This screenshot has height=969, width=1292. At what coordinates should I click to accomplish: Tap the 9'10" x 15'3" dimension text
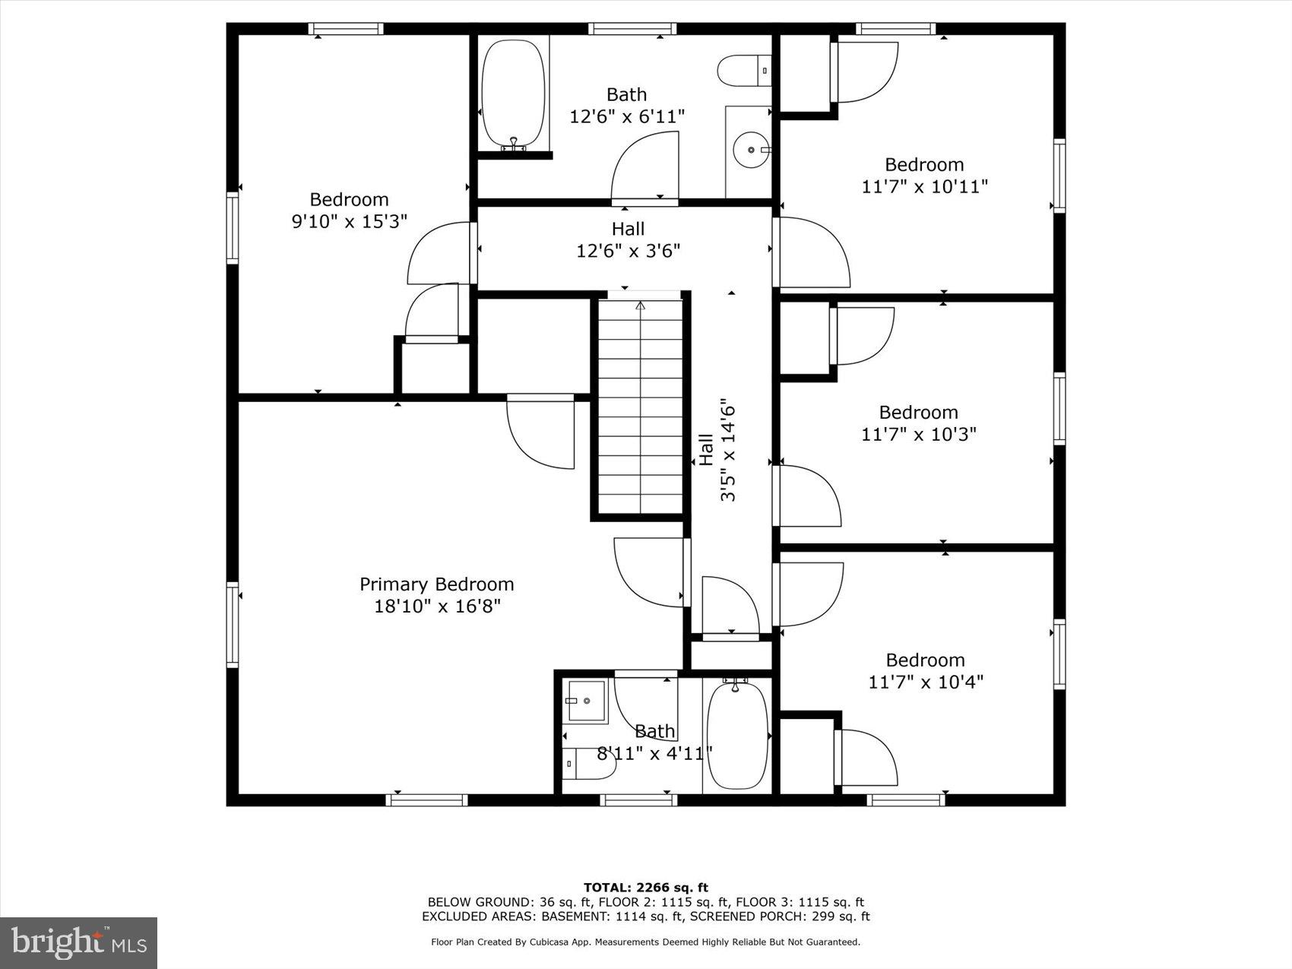(350, 221)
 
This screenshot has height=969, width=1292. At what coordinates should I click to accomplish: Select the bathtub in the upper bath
(514, 94)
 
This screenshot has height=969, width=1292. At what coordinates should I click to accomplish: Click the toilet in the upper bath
(744, 71)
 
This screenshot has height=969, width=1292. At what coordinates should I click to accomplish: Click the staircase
(641, 407)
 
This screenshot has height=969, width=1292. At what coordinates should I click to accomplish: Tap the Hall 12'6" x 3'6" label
(628, 239)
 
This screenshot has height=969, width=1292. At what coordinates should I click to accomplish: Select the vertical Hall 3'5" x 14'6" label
(717, 450)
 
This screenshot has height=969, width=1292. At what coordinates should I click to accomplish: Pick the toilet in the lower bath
(589, 764)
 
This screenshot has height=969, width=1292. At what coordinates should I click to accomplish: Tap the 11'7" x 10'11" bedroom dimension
(924, 186)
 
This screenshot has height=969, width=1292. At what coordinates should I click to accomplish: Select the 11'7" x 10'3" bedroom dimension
(918, 434)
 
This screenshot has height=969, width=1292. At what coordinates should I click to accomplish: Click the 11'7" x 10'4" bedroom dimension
(926, 682)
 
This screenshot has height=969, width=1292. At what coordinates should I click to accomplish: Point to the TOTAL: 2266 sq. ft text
(646, 887)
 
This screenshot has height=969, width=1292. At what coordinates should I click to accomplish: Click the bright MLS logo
(79, 943)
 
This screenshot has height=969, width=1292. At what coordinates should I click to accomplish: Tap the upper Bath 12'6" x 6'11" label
(627, 105)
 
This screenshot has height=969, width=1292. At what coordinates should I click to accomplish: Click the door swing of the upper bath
(644, 165)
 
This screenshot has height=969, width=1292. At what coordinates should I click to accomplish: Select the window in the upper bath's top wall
(632, 29)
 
